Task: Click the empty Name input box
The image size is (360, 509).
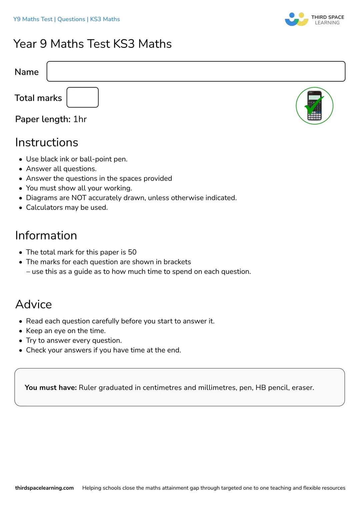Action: click(196, 71)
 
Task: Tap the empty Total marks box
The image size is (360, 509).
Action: click(82, 97)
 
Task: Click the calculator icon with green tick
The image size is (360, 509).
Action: click(314, 106)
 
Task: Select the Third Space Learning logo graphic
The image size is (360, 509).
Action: click(296, 19)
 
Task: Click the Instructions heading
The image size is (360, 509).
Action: click(47, 143)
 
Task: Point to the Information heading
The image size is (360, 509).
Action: click(46, 236)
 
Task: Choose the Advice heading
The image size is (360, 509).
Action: click(34, 304)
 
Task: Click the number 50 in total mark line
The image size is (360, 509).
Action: click(132, 252)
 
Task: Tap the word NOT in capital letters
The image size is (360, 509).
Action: click(79, 198)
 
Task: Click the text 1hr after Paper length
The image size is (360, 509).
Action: click(80, 119)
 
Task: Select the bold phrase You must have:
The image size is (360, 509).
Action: click(51, 387)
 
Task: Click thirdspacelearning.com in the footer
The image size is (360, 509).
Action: click(44, 488)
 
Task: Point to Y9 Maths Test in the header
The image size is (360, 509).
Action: click(33, 19)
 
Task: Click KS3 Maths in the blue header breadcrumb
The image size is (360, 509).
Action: click(105, 19)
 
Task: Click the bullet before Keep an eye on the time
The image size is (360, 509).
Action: click(21, 331)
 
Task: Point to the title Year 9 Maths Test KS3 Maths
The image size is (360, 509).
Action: click(93, 44)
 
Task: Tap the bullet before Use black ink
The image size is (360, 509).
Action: click(21, 160)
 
